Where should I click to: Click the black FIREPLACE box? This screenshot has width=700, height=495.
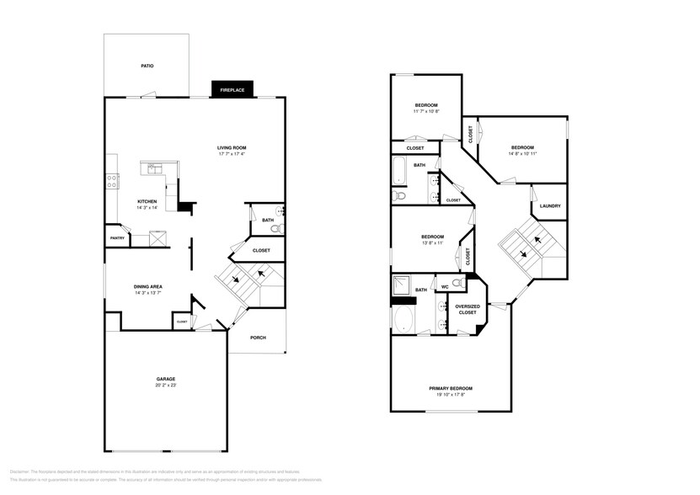click(232, 89)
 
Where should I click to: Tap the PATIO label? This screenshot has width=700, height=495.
click(147, 66)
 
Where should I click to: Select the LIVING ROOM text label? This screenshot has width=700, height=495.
click(232, 147)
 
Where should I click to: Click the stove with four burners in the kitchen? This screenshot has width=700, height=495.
click(112, 182)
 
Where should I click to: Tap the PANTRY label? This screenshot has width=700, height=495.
click(117, 238)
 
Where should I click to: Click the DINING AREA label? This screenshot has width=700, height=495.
click(148, 286)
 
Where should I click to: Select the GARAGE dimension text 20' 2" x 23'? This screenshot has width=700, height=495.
click(165, 386)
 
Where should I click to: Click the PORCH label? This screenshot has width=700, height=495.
click(258, 338)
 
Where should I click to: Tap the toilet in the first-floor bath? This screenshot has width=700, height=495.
click(278, 227)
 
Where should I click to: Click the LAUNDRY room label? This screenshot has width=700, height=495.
click(550, 206)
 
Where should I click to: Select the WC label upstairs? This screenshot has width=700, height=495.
click(444, 287)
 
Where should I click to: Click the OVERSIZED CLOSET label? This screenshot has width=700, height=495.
click(467, 309)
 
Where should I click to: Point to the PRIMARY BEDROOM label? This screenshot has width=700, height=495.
click(451, 388)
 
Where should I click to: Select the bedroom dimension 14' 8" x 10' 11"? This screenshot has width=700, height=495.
click(522, 153)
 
